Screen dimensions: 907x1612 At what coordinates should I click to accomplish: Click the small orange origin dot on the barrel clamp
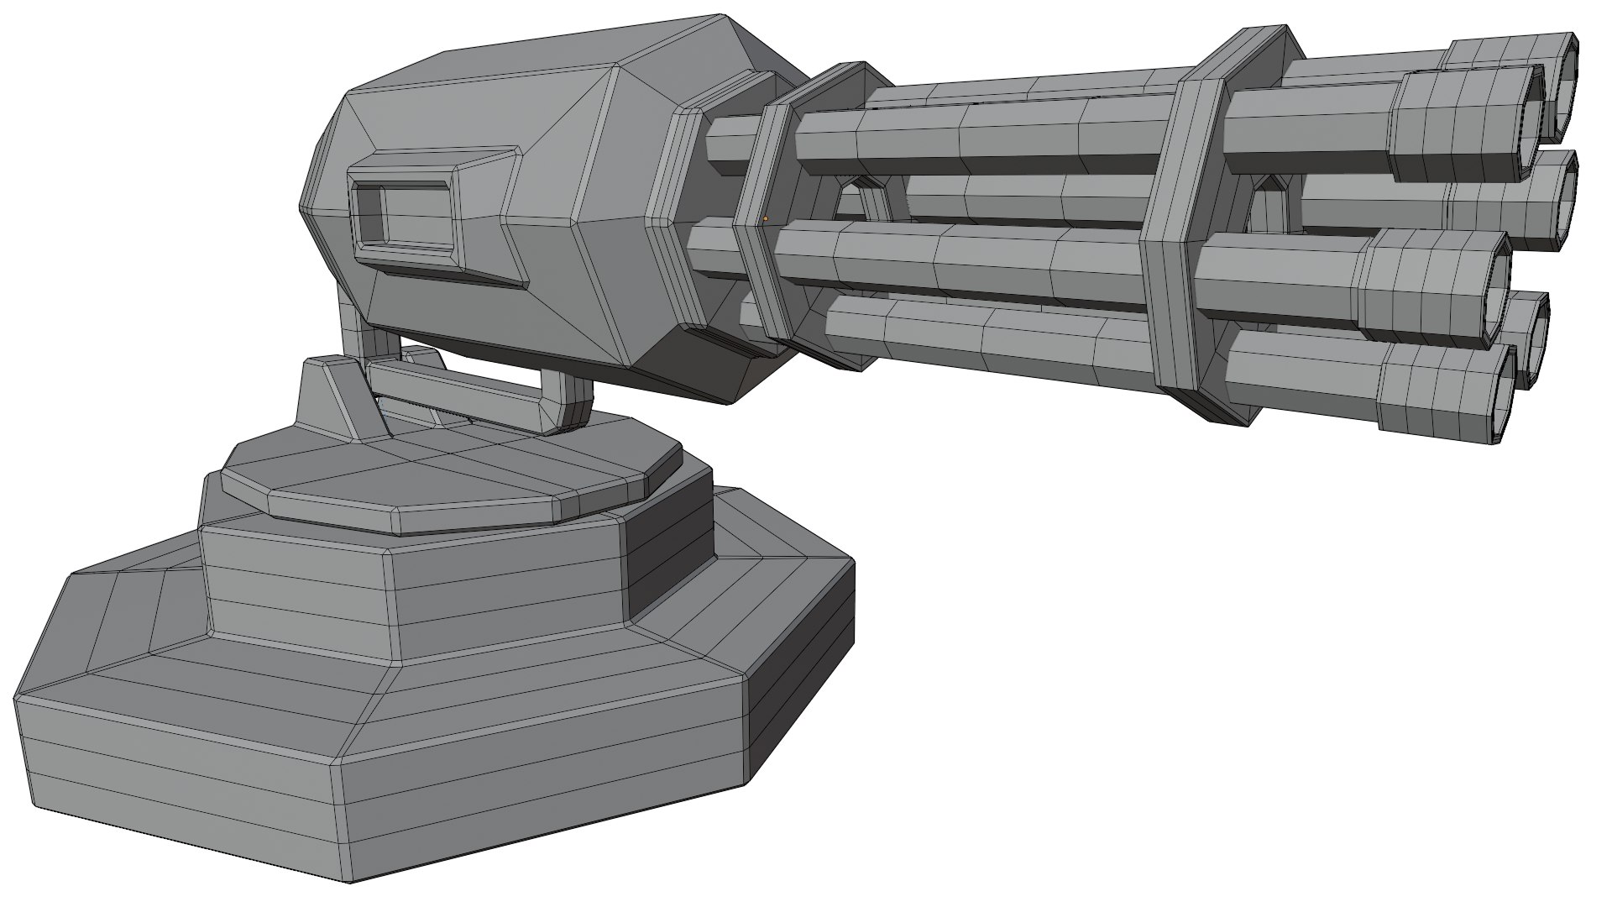[766, 218]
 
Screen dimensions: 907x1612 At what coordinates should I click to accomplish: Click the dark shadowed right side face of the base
[806, 672]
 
